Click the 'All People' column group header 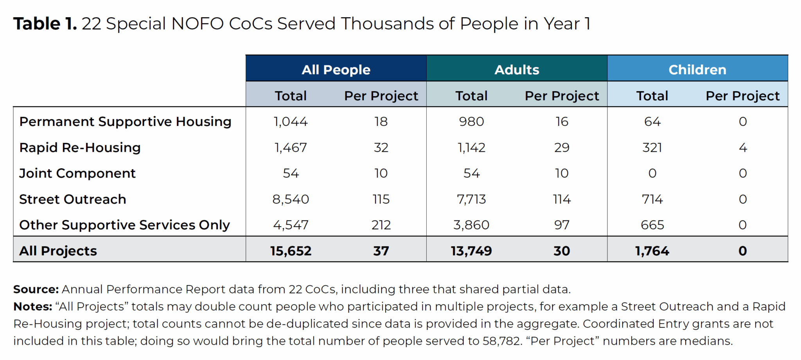[336, 70]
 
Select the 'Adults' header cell [516, 70]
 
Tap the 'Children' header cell [697, 70]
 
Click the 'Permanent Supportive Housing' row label [125, 122]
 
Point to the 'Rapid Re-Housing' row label [80, 148]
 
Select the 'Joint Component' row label [77, 173]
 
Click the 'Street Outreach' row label [72, 199]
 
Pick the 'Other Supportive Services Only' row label [124, 225]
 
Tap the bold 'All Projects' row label [58, 251]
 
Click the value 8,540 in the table [291, 199]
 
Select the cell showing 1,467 [291, 148]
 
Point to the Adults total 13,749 [471, 251]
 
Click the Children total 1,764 [652, 251]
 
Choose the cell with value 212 [381, 225]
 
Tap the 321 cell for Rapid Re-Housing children [652, 148]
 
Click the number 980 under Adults [471, 122]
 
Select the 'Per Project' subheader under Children [742, 96]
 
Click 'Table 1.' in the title [45, 24]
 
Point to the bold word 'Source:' [36, 290]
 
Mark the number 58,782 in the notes [502, 341]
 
